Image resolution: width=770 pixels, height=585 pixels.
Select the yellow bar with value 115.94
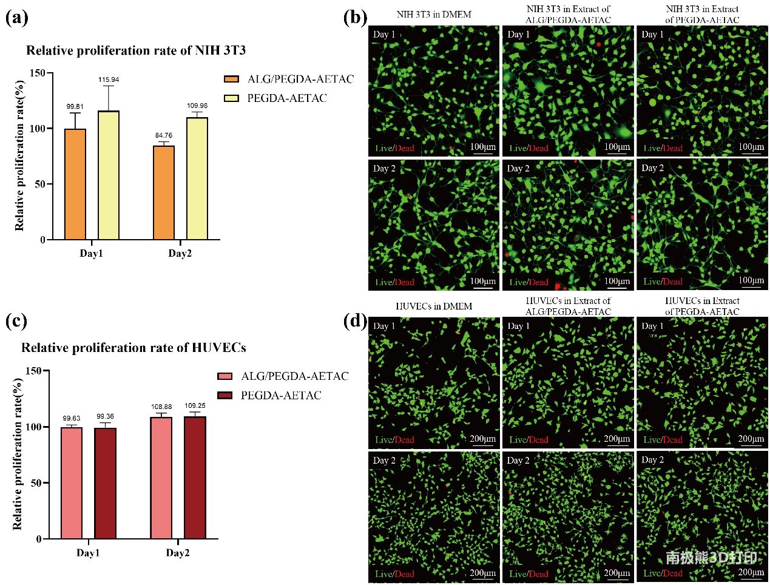109,175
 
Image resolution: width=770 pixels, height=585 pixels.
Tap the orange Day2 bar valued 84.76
164,192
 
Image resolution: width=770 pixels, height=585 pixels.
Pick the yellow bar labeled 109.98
197,178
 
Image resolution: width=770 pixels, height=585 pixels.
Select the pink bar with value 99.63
72,483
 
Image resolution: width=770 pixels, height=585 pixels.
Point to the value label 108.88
161,407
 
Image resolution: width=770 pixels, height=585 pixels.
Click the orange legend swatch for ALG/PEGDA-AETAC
231,79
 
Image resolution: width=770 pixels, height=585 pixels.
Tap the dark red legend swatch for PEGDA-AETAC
225,396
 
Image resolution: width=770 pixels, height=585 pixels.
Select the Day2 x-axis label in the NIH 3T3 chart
180,254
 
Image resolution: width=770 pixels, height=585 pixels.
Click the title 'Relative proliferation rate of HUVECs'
133,348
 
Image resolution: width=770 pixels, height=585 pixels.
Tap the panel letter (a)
16,17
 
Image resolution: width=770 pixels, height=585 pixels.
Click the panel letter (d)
355,320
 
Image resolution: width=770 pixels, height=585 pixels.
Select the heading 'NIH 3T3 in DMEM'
434,14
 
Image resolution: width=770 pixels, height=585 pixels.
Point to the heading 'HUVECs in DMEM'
434,306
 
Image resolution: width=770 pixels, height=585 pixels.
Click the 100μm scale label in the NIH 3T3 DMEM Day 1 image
483,146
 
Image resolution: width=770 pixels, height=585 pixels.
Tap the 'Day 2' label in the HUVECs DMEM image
384,461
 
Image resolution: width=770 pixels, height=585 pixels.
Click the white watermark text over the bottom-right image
711,557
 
